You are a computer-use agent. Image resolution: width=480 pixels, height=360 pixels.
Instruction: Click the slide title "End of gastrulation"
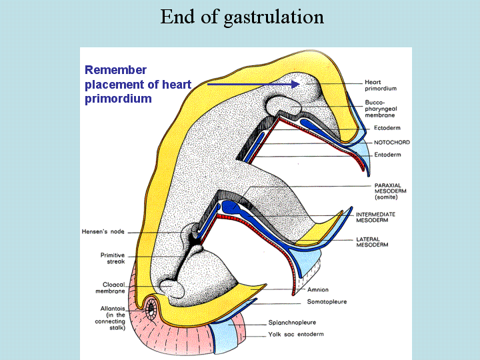pos(242,17)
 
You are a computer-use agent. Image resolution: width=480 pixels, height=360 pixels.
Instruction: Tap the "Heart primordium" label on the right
pos(381,85)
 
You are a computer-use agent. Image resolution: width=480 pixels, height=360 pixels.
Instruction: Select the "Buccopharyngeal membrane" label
pos(381,109)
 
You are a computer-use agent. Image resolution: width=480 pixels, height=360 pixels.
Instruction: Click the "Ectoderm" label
pos(387,128)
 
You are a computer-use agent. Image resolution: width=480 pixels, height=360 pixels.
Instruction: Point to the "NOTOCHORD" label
pos(392,143)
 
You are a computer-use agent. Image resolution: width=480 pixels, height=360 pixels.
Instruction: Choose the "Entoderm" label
pos(387,155)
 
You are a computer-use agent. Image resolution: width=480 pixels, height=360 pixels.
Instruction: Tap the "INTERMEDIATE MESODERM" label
pos(375,217)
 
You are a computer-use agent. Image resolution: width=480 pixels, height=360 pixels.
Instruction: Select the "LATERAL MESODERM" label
pos(372,242)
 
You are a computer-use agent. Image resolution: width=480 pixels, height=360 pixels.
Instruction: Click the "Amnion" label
pos(318,289)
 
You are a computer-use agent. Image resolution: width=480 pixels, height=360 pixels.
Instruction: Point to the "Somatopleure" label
pos(327,302)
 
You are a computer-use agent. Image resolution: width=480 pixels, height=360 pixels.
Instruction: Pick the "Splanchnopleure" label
pos(292,323)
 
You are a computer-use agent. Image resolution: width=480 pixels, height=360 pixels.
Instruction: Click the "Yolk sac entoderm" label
pos(296,334)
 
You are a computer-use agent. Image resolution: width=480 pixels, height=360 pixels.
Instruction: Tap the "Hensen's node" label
pos(103,232)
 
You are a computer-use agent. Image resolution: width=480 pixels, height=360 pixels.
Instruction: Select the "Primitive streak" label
pos(113,259)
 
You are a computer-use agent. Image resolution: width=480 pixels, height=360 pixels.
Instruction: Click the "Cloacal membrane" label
pos(110,288)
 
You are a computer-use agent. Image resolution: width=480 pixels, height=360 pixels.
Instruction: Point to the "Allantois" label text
pos(113,309)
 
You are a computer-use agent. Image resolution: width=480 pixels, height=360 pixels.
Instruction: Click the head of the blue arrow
pos(295,84)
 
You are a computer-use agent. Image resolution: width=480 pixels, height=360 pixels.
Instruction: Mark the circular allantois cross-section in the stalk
pos(151,309)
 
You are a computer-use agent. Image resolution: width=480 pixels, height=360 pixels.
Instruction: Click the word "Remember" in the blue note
pos(116,70)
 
